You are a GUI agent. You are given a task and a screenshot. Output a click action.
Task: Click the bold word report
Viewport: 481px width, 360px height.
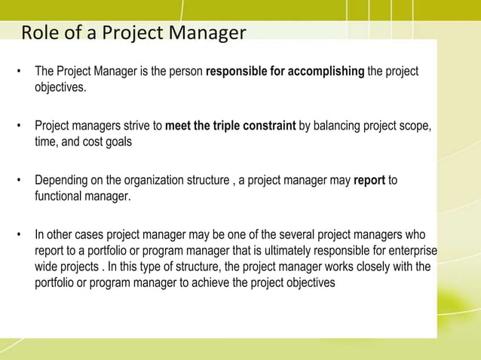(369, 181)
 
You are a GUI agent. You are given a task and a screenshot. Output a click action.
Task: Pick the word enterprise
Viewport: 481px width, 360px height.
(411, 251)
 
